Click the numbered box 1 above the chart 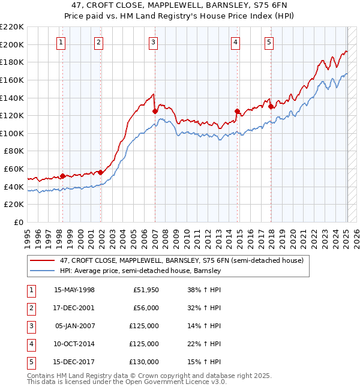click(62, 42)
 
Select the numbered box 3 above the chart click(154, 42)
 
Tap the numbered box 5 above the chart click(269, 42)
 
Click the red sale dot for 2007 click(155, 111)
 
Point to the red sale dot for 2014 click(237, 111)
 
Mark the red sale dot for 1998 click(62, 176)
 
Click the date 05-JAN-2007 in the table click(74, 326)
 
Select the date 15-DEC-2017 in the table click(74, 362)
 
